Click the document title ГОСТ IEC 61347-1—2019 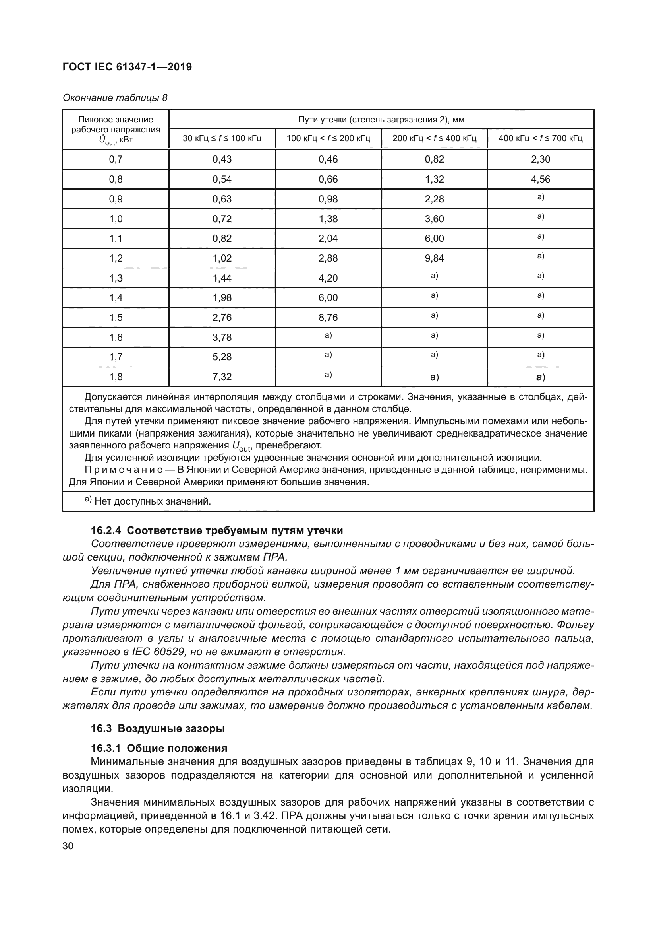tap(127, 67)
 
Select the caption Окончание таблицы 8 tap(115, 98)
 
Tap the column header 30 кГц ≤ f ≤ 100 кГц tap(222, 138)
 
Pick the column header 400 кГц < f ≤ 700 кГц tap(541, 138)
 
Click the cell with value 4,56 tap(541, 179)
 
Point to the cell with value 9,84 tap(434, 258)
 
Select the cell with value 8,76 tap(328, 318)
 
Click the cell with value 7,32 tap(222, 377)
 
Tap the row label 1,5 tap(116, 318)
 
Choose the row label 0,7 tap(116, 159)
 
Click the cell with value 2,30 tap(541, 159)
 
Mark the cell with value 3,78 tap(222, 338)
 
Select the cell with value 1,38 tap(328, 219)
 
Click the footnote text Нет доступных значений tap(153, 502)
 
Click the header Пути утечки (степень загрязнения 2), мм tap(381, 120)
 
